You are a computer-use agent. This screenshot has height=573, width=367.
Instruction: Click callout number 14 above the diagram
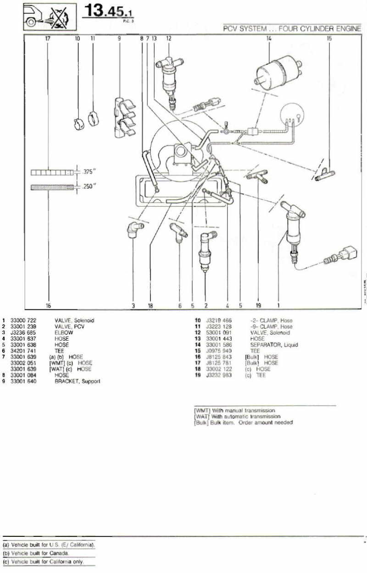269,39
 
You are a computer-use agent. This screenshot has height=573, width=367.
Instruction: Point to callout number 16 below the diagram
49,304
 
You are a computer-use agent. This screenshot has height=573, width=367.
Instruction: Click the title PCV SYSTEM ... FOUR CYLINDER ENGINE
292,28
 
